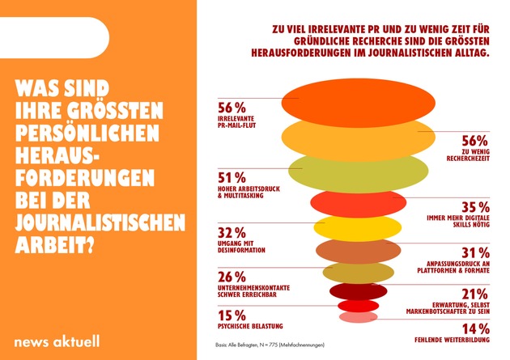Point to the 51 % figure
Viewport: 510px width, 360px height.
(x=231, y=178)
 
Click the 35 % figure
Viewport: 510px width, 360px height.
(x=474, y=206)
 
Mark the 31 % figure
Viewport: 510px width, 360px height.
(x=474, y=253)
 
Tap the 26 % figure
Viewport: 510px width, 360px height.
(x=231, y=276)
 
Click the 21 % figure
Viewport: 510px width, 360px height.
(x=474, y=294)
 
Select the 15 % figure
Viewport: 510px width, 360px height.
(x=231, y=315)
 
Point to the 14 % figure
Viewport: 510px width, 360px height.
(x=474, y=329)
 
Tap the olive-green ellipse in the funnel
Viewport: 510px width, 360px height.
(x=348, y=170)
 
